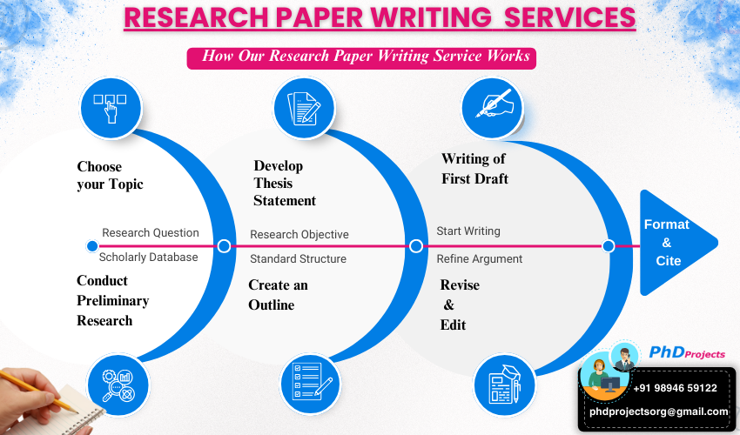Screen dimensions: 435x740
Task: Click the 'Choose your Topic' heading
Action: (x=110, y=175)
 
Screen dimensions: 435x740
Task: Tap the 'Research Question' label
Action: (x=151, y=233)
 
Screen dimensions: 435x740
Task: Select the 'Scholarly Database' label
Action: (x=148, y=257)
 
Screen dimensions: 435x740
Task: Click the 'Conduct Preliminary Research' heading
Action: (x=112, y=300)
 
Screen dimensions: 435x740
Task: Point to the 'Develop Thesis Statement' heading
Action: (x=285, y=183)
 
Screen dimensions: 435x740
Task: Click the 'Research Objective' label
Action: (x=299, y=235)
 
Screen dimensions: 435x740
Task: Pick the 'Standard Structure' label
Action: (x=298, y=258)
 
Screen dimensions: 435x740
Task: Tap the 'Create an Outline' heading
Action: (x=278, y=295)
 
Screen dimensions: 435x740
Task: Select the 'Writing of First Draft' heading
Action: (x=474, y=169)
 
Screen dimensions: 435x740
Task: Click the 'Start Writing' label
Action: (x=468, y=231)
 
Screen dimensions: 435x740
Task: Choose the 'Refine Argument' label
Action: (x=480, y=258)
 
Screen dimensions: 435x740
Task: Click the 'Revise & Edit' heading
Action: (x=459, y=304)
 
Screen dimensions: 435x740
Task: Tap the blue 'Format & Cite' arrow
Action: (x=670, y=243)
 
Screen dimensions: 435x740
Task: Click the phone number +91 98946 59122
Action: (x=675, y=388)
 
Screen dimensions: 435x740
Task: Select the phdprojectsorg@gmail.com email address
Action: (x=658, y=412)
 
